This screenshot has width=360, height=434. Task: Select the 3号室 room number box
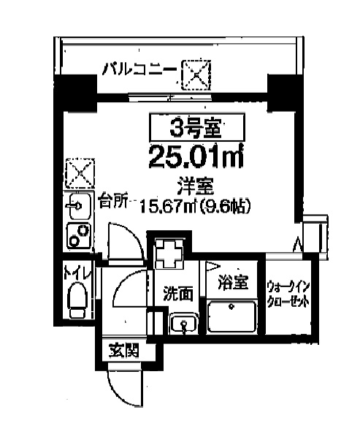coord(195,129)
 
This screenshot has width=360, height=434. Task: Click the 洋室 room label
coord(194,184)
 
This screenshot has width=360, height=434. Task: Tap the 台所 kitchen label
coord(113,199)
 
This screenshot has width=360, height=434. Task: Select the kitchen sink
coord(76,208)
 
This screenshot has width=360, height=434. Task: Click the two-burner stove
coord(76,235)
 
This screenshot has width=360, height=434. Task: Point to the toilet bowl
coord(75,300)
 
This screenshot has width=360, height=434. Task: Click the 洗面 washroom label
coord(177,294)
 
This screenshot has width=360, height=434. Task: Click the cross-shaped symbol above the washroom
coord(170,254)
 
